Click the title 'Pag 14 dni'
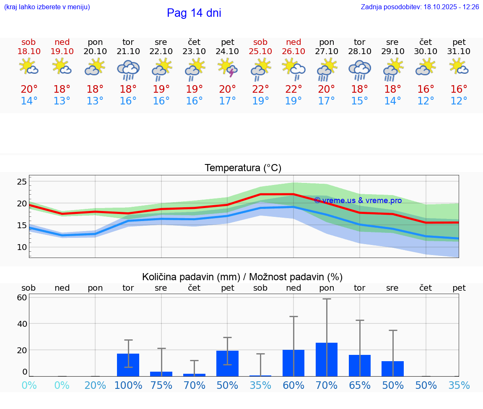coord(194,13)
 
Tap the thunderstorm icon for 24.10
coord(228,68)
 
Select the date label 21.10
coord(128,52)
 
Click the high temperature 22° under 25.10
coord(260,89)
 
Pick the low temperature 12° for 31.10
coord(459,101)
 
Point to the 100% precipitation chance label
coord(128,386)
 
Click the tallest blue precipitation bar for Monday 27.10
coord(327,360)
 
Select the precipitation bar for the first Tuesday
coord(128,365)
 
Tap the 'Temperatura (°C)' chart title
coord(243,168)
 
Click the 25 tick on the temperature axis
coord(22,182)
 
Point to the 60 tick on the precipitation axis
coord(22,298)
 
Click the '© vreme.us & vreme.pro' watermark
coord(358,201)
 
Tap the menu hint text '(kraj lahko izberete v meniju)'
coord(47,7)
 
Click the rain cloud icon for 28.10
coord(360,69)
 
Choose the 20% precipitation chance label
coord(95,386)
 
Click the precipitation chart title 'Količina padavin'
coord(242,277)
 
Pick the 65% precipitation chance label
coord(360,386)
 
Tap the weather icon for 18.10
coord(29,67)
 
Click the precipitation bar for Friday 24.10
coord(228,364)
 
